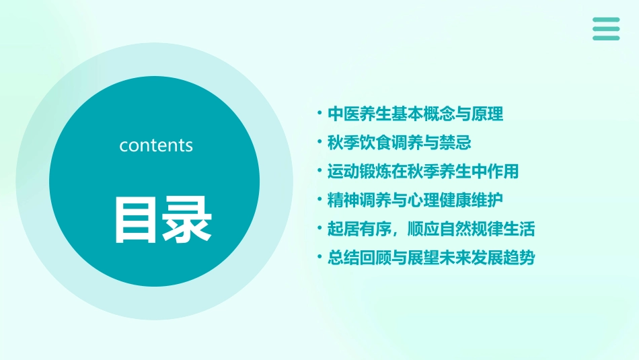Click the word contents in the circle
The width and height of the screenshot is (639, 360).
click(156, 145)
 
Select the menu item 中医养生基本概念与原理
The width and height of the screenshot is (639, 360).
click(415, 114)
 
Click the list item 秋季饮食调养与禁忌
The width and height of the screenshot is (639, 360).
click(399, 143)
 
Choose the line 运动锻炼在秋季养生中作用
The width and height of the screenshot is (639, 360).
click(423, 172)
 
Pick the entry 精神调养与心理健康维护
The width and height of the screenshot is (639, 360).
click(415, 200)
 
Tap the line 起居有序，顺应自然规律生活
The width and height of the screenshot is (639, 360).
click(431, 229)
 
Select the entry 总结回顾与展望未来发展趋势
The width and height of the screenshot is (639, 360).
click(431, 258)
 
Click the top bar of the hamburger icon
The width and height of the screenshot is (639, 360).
click(606, 20)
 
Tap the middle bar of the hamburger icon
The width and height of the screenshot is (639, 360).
click(606, 29)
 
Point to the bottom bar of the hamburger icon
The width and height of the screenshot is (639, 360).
click(606, 38)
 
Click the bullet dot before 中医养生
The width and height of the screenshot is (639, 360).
click(319, 114)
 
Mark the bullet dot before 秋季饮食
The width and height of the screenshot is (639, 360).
click(319, 143)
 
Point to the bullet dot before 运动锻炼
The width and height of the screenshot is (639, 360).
click(319, 172)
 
